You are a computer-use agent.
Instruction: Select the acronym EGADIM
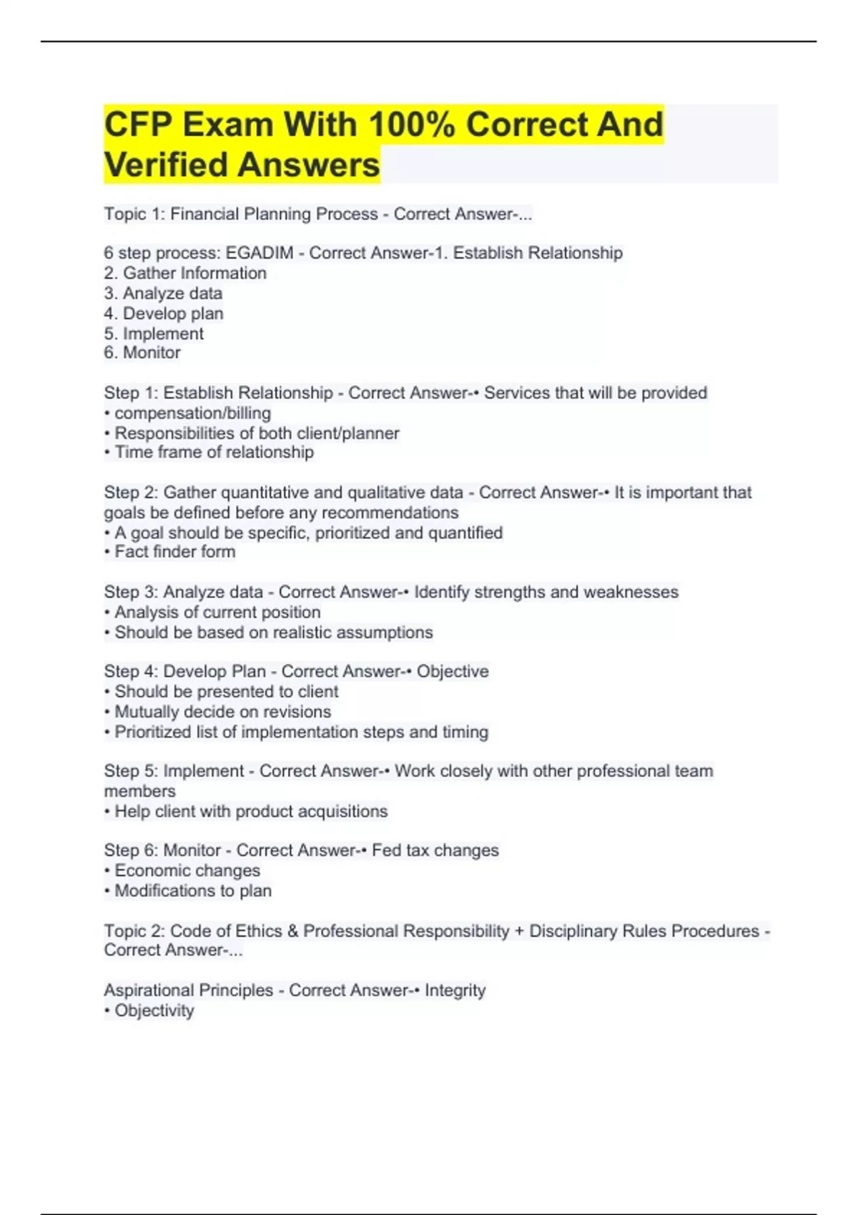point(260,253)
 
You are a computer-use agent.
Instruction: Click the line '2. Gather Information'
point(185,273)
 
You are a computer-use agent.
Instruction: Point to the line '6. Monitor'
point(142,352)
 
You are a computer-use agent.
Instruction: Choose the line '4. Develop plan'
point(164,313)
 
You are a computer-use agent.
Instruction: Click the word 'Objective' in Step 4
point(453,671)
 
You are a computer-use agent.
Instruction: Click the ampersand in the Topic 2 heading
point(292,931)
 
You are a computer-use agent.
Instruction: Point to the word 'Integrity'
point(455,991)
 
